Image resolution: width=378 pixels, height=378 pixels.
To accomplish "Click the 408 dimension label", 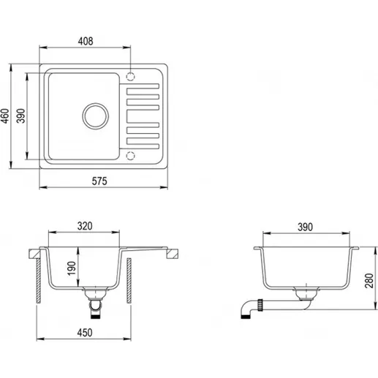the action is [86, 41].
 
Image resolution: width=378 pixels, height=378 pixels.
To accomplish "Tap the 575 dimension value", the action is [99, 181].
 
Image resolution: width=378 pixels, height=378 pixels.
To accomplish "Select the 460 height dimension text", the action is [5, 116].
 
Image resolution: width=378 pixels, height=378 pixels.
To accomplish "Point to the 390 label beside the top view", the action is [21, 116].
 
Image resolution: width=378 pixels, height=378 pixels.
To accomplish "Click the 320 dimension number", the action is [85, 226].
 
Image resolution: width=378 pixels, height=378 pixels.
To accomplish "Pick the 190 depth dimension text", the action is [72, 268].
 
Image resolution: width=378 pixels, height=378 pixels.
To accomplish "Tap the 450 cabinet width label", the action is [85, 333].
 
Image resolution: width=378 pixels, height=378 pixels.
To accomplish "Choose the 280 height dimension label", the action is [369, 281].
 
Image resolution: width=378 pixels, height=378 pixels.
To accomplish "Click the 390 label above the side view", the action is [305, 227].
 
